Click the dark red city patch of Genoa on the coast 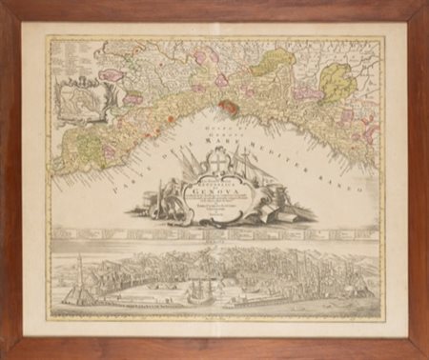230,107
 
